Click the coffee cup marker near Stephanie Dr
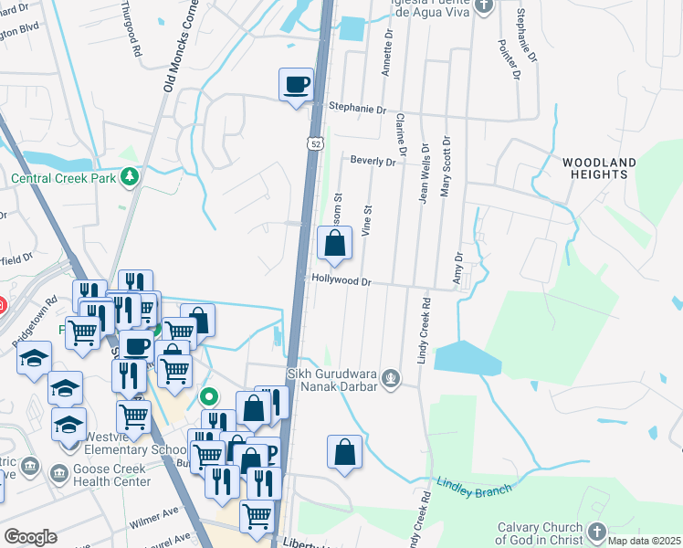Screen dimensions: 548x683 296,86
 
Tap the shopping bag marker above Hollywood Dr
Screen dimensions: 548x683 335,244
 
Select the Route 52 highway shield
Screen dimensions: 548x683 315,143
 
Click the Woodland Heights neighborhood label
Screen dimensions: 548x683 599,168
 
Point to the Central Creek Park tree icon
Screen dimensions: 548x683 131,176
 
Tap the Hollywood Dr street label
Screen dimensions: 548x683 342,281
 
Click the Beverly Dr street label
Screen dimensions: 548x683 373,161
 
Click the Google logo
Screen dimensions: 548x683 30,537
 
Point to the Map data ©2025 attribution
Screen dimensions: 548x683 644,541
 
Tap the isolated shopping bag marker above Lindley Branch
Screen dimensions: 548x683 344,452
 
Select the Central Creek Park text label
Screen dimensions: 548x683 63,178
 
